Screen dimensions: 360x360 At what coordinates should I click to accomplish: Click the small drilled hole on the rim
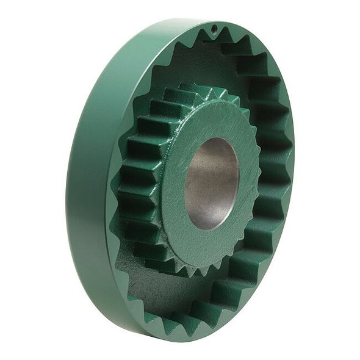click(x=214, y=28)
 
